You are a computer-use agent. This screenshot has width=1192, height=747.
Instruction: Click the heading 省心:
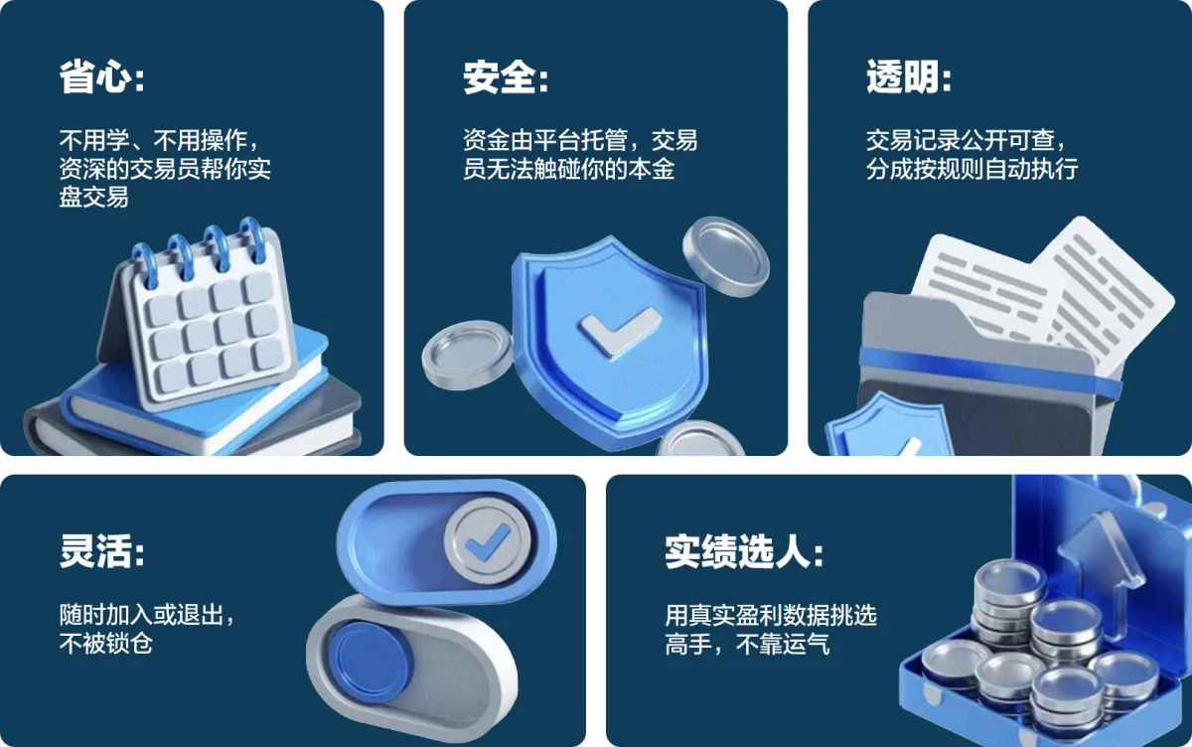pos(101,77)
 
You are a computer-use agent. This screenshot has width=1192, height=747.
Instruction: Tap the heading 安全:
pos(506,77)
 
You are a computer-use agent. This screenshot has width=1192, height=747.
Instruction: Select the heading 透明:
pos(909,77)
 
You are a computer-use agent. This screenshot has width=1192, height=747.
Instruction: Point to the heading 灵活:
pos(101,550)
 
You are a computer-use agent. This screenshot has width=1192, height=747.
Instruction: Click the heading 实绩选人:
pos(744,550)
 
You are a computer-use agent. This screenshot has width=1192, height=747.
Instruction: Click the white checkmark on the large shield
pos(620,331)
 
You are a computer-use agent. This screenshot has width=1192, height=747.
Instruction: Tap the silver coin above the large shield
pos(726,256)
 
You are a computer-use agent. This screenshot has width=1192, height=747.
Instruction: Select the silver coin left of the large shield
pos(467,355)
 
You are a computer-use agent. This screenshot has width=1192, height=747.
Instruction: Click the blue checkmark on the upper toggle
pos(487,542)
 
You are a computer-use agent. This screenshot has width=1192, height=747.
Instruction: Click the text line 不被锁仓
pos(106,644)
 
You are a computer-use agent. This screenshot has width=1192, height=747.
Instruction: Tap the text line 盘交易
pos(93,198)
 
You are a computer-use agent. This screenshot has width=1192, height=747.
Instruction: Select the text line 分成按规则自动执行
pos(972,169)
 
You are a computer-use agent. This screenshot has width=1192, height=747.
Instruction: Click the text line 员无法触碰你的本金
pos(569,169)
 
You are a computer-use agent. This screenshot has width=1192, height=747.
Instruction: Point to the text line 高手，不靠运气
pos(747,644)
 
